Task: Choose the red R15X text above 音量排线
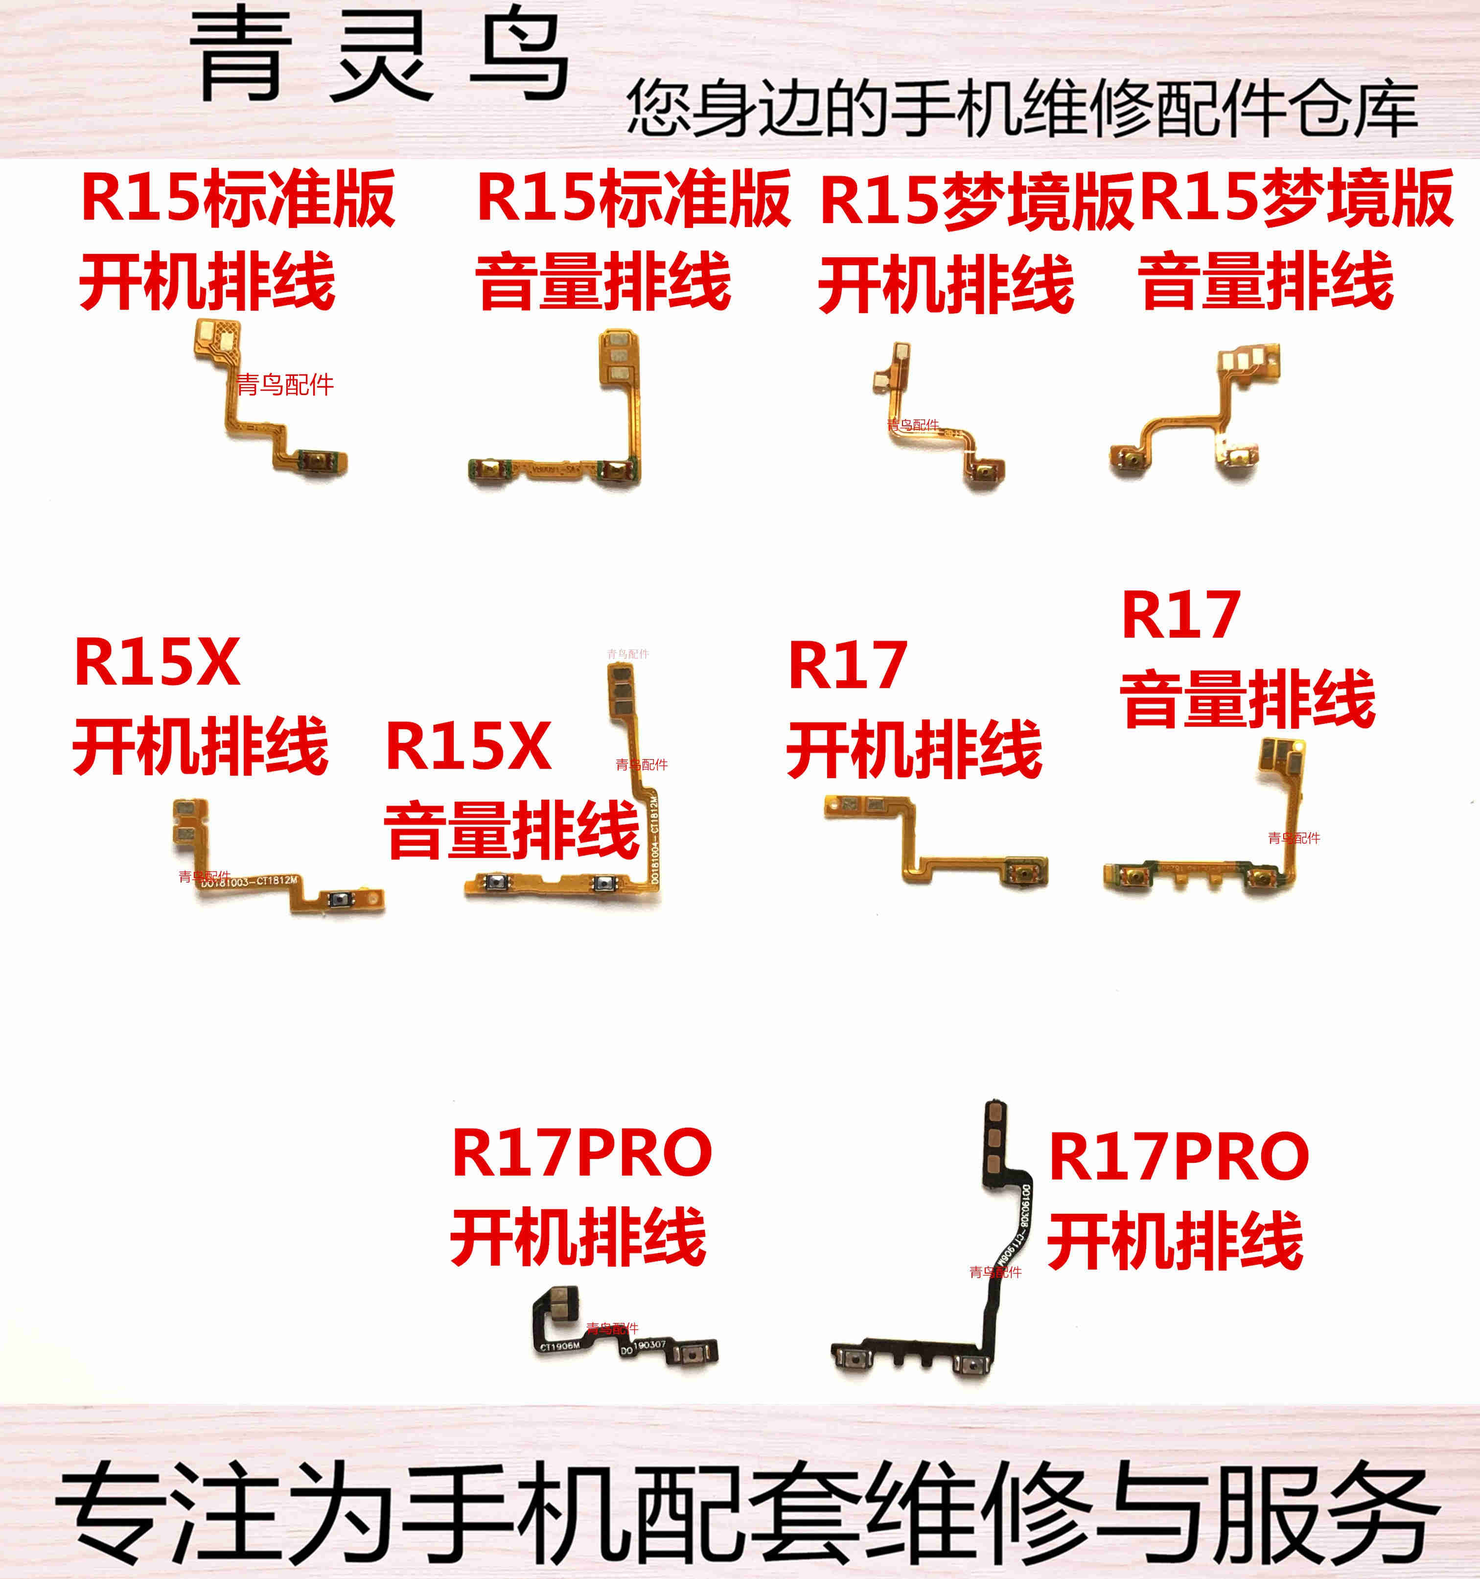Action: pyautogui.click(x=468, y=746)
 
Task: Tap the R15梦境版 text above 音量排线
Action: pyautogui.click(x=1296, y=199)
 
